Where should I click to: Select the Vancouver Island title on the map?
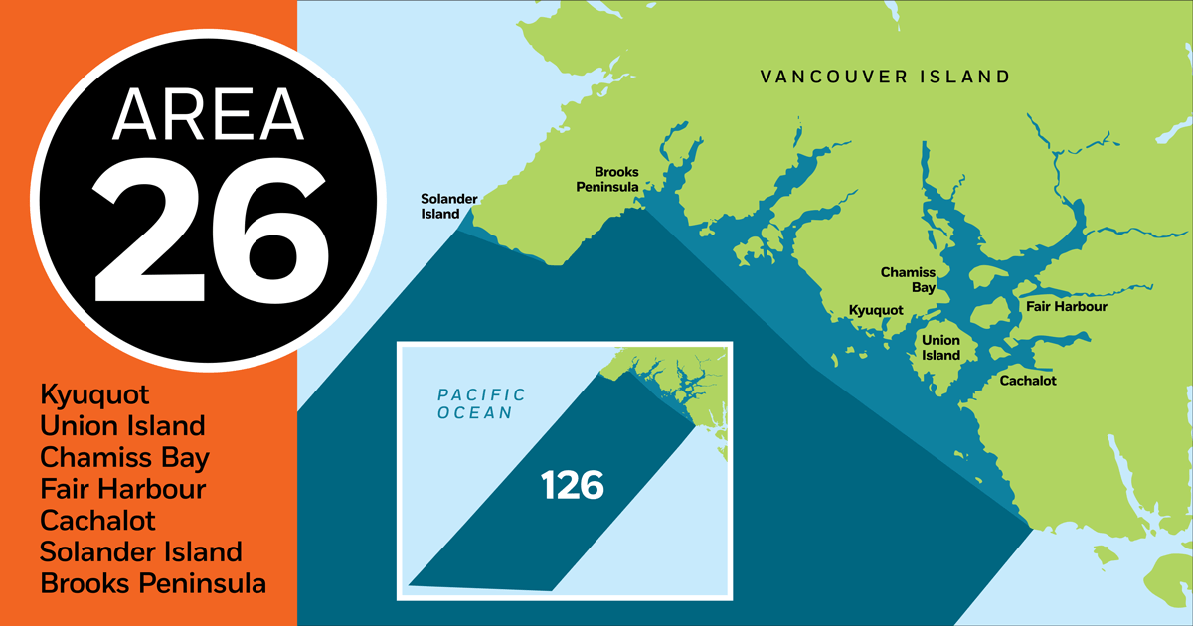885,77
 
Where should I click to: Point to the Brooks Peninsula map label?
616,179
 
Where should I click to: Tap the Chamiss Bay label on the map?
908,279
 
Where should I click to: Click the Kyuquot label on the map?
876,311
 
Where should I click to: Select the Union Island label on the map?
939,348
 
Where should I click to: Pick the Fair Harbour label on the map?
1066,307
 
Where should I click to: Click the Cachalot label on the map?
1028,381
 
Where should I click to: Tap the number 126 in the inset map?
573,486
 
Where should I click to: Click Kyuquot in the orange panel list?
94,395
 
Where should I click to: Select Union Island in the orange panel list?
122,426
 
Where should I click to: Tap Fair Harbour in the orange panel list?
123,490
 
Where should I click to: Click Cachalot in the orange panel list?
98,521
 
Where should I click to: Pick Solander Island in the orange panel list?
141,552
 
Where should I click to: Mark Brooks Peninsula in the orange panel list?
153,584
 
